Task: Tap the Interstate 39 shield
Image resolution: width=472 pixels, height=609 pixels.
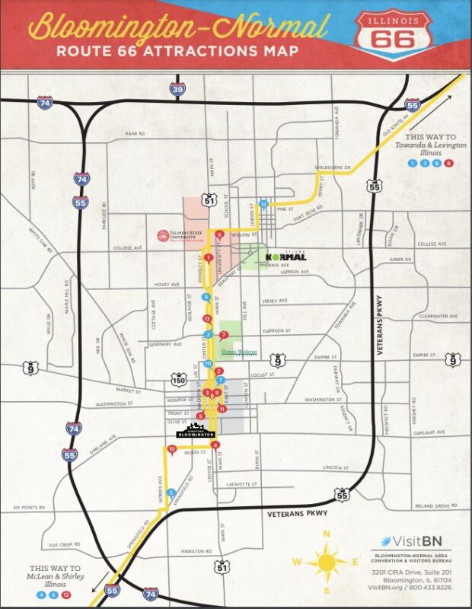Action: (x=177, y=91)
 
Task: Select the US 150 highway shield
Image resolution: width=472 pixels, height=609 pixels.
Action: (x=180, y=378)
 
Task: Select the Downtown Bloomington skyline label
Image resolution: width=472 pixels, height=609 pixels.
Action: (x=196, y=431)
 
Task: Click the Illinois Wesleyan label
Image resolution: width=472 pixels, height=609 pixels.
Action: (x=239, y=352)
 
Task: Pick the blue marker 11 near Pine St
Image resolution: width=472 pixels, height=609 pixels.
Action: (x=263, y=204)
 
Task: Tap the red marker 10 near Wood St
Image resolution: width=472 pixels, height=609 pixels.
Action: (x=172, y=449)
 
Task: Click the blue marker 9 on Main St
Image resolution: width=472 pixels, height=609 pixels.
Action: (x=206, y=297)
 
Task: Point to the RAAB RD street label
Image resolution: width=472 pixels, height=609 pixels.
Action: (x=136, y=133)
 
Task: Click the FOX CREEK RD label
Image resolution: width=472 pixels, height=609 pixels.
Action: (x=65, y=545)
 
